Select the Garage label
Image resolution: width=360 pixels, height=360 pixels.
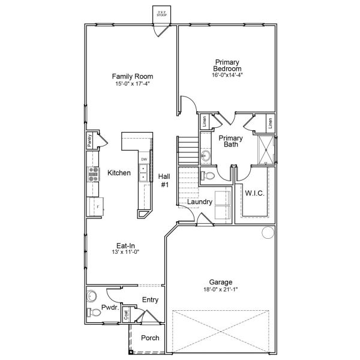tap(221, 282)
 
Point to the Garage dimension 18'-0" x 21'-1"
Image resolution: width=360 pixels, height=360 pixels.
tap(221, 289)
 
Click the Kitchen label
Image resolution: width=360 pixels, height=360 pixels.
tap(119, 173)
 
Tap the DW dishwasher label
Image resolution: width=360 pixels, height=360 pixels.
tap(144, 159)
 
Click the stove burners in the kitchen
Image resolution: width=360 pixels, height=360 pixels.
tap(94, 173)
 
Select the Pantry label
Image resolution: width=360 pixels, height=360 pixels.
tap(89, 140)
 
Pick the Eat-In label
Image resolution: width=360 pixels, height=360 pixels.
tap(125, 245)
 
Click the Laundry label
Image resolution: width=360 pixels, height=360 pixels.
tap(199, 202)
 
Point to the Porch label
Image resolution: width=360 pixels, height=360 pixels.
tap(149, 338)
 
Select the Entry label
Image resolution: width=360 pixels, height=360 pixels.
tap(150, 300)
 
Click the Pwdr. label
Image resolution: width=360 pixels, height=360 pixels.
tap(109, 307)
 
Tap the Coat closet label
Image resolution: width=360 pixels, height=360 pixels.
tap(126, 314)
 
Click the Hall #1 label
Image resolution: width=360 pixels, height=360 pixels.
tap(164, 181)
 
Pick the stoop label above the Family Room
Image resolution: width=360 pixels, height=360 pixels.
tap(161, 13)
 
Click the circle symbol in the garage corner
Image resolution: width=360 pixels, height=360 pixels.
tap(266, 235)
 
